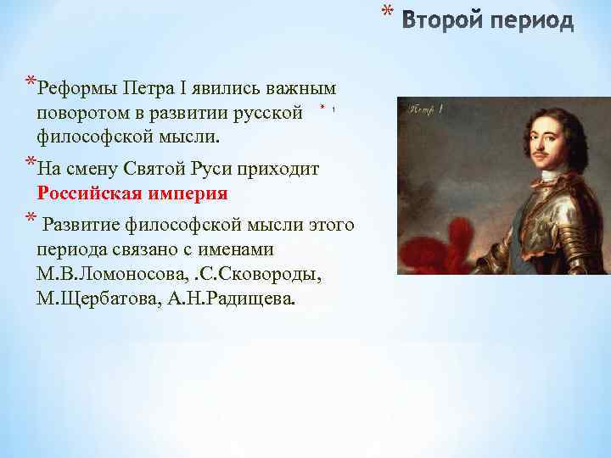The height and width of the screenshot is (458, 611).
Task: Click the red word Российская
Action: coord(91,193)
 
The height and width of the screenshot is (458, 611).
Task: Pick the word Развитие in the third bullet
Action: coord(81,225)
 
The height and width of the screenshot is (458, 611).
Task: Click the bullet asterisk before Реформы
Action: coord(31,84)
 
